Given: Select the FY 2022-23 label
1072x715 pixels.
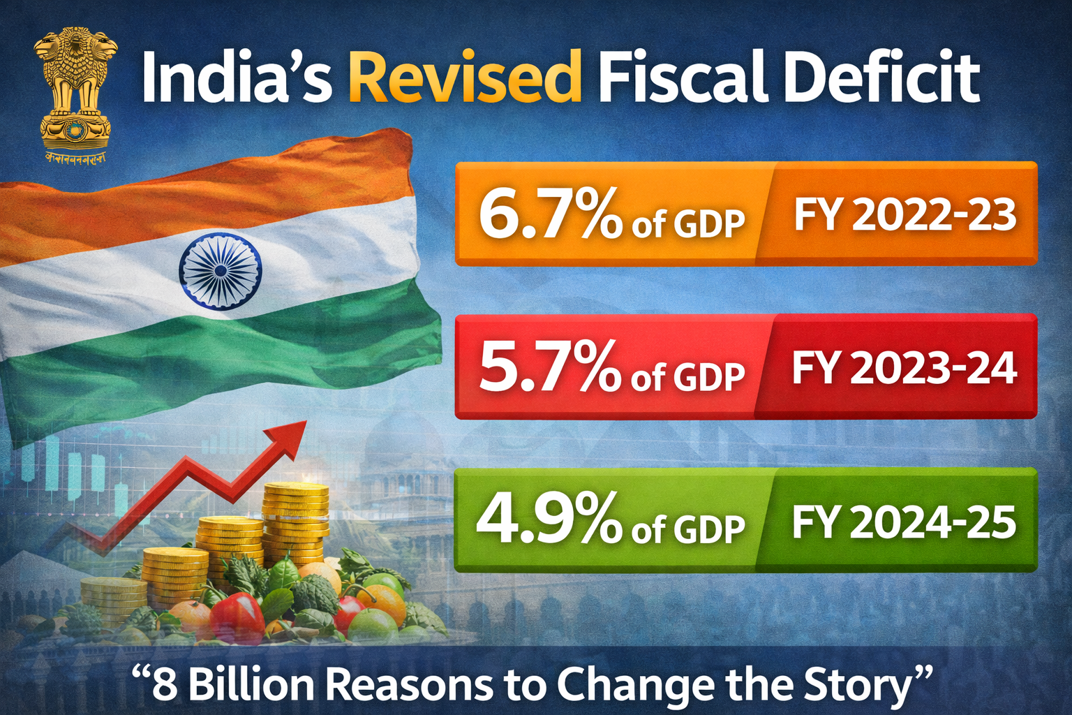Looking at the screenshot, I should (904, 214).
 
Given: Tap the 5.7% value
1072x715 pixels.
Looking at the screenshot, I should (550, 367).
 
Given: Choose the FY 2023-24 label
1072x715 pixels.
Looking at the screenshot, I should (904, 367).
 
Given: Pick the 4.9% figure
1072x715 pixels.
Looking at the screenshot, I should (549, 520).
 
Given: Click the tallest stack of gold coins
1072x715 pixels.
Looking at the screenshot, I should (296, 520).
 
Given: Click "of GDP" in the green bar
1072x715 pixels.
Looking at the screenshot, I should (688, 529).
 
